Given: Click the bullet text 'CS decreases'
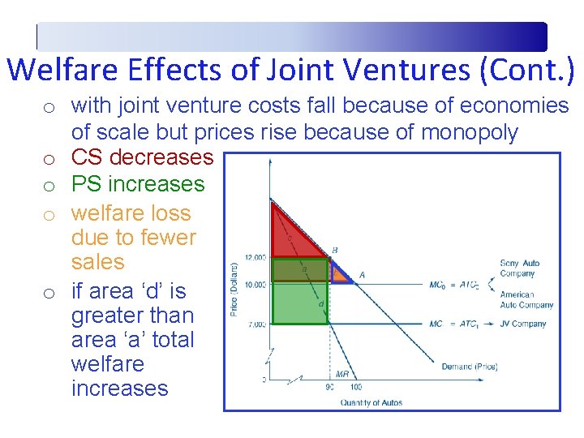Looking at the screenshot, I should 142,157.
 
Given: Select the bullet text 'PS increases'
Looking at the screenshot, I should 138,184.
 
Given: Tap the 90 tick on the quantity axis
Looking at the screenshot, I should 329,387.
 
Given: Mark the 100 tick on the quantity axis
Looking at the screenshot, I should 354,387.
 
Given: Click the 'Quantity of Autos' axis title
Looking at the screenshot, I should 371,402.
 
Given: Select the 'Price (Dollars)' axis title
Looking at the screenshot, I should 234,289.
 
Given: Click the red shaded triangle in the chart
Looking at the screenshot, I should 292,235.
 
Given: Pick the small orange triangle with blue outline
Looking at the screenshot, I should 340,274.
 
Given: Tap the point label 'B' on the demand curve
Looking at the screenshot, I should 335,250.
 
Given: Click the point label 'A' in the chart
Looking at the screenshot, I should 362,275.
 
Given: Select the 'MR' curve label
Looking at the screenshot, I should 343,374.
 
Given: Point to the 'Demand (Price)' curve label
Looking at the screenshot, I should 469,367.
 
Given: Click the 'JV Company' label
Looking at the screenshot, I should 524,324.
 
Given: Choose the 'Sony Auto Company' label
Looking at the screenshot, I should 520,268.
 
